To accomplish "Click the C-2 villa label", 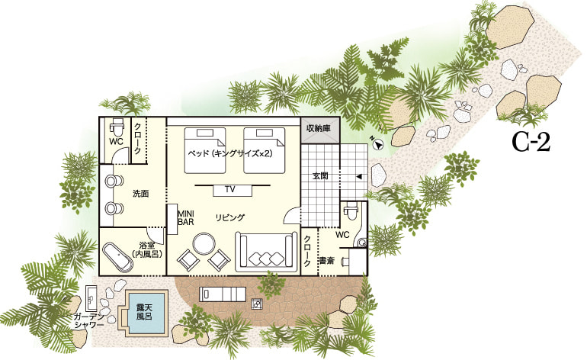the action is (531, 143).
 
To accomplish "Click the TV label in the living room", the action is (230, 190).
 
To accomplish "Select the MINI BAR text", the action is (186, 217).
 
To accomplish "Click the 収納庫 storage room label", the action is (318, 128).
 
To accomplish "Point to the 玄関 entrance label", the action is (320, 175).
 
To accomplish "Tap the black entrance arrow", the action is (359, 176).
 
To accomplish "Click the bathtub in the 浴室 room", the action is (117, 256).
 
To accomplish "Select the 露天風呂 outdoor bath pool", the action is (144, 313).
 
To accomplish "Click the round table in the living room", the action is (204, 244).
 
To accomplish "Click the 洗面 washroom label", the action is (141, 194).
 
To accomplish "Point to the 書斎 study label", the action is (326, 261).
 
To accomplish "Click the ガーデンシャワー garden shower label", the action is (89, 320).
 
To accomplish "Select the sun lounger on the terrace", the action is (223, 294).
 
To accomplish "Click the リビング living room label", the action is (230, 217).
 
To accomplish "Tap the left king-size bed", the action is (205, 150).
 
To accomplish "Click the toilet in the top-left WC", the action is (117, 127).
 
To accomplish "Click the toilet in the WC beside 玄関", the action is (351, 211).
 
